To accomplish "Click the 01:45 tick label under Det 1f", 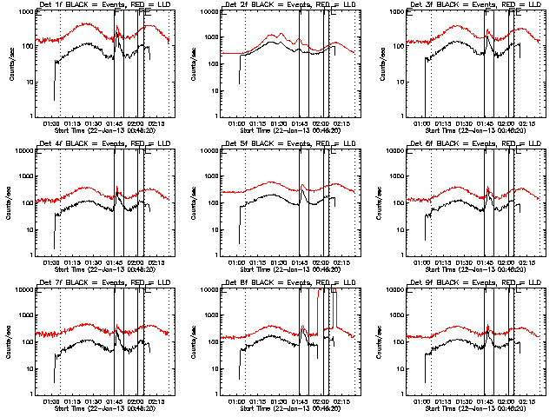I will tap(118, 123).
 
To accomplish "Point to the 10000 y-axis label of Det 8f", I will tap(207, 289).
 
